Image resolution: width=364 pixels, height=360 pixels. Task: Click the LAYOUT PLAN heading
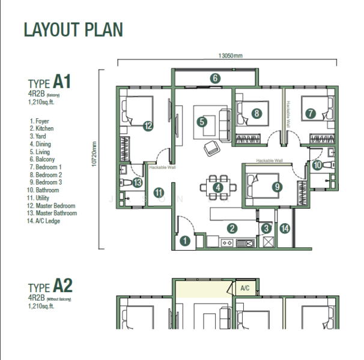[73, 29]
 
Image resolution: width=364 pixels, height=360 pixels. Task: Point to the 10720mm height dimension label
[95, 158]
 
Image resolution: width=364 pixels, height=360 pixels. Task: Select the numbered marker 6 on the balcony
[215, 78]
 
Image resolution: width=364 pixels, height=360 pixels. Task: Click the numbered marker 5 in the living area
[202, 122]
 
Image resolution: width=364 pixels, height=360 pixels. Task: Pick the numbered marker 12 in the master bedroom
[147, 125]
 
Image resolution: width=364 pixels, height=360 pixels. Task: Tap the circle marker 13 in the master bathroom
[137, 182]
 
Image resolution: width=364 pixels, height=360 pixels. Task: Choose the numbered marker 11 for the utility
[159, 193]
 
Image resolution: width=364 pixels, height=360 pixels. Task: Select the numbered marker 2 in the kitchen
[231, 228]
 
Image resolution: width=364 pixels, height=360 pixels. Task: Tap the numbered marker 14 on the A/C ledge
[285, 228]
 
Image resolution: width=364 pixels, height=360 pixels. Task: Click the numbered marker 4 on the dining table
[218, 187]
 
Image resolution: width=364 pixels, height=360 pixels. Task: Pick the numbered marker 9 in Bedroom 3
[276, 187]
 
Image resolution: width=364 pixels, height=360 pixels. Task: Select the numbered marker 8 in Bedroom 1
[256, 113]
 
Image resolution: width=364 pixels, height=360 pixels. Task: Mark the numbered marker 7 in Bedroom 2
[310, 113]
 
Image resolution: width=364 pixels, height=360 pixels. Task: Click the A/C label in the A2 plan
[245, 288]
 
